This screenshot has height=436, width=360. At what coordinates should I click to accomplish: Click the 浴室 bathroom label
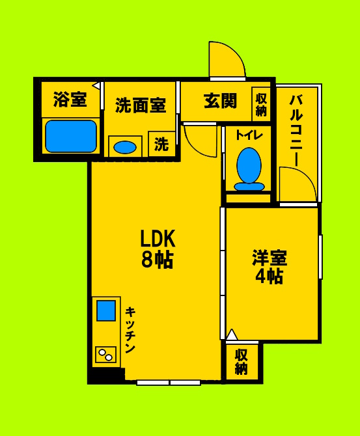pyautogui.click(x=70, y=100)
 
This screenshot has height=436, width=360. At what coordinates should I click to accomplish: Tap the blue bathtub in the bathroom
pyautogui.click(x=70, y=136)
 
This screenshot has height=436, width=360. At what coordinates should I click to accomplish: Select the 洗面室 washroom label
pyautogui.click(x=140, y=105)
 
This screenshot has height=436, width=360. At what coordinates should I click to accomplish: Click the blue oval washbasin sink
pyautogui.click(x=126, y=146)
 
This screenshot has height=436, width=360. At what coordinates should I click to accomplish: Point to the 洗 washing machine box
pyautogui.click(x=161, y=144)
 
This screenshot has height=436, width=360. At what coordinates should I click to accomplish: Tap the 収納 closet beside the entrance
pyautogui.click(x=261, y=104)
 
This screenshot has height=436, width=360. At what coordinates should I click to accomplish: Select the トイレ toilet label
pyautogui.click(x=249, y=135)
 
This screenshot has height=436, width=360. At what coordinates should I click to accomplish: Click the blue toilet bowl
pyautogui.click(x=248, y=167)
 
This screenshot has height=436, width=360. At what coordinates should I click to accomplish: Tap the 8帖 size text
pyautogui.click(x=157, y=260)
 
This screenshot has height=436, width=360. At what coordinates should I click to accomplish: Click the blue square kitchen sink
pyautogui.click(x=105, y=311)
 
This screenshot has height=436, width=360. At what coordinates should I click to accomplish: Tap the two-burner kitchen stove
pyautogui.click(x=105, y=354)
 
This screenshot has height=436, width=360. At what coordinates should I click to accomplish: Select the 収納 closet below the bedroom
pyautogui.click(x=242, y=362)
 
